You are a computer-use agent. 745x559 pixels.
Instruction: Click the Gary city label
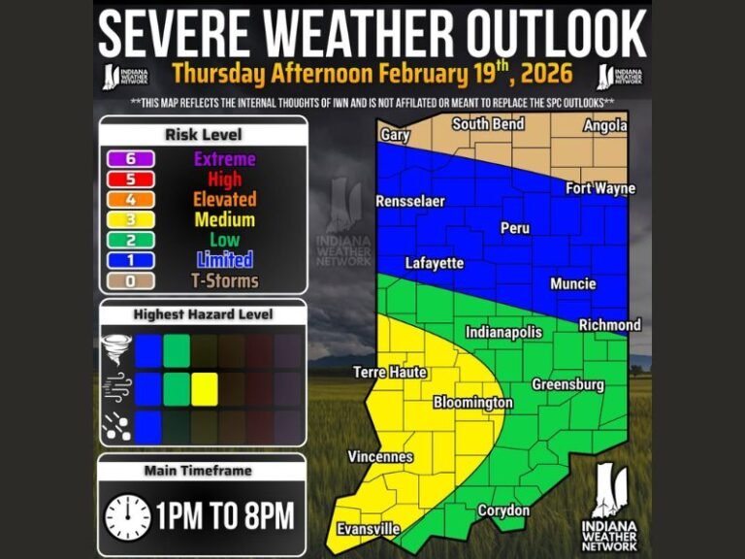[395, 135]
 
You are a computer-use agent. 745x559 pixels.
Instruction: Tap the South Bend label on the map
[488, 124]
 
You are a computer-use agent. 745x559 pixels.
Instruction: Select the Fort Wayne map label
[600, 188]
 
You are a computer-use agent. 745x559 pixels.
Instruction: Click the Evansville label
[368, 529]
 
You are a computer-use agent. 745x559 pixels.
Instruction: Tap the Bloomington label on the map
[472, 402]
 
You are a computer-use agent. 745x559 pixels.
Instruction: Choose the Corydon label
[503, 510]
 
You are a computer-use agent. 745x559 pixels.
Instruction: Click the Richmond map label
[610, 325]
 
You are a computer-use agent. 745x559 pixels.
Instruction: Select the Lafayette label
[434, 263]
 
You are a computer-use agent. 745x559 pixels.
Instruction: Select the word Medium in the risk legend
[224, 220]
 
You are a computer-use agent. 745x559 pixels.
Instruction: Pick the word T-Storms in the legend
[224, 281]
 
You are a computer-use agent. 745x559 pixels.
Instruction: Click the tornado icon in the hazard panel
[114, 349]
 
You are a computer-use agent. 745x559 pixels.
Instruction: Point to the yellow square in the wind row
[204, 389]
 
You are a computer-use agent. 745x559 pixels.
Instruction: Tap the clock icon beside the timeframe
[127, 515]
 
